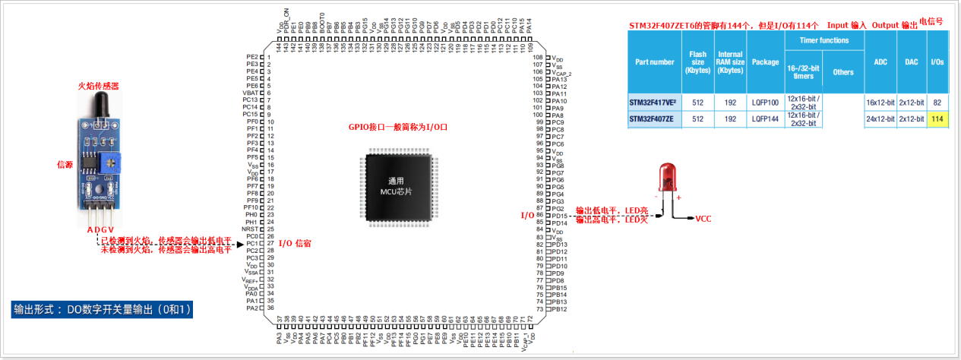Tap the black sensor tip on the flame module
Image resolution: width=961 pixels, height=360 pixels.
pyautogui.click(x=99, y=106)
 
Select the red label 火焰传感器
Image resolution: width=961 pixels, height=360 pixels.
pyautogui.click(x=99, y=87)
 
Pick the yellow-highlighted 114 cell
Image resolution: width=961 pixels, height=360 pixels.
pyautogui.click(x=937, y=118)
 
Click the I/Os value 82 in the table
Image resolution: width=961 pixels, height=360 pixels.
pyautogui.click(x=937, y=102)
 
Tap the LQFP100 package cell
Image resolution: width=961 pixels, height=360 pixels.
pyautogui.click(x=764, y=102)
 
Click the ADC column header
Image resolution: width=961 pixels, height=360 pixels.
pyautogui.click(x=880, y=62)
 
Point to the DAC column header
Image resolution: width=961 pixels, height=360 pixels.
pyautogui.click(x=911, y=62)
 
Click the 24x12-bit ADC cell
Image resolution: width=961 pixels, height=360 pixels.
pyautogui.click(x=880, y=118)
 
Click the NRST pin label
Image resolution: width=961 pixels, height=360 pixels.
pyautogui.click(x=250, y=229)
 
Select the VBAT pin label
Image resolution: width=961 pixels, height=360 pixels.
pyautogui.click(x=250, y=93)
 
